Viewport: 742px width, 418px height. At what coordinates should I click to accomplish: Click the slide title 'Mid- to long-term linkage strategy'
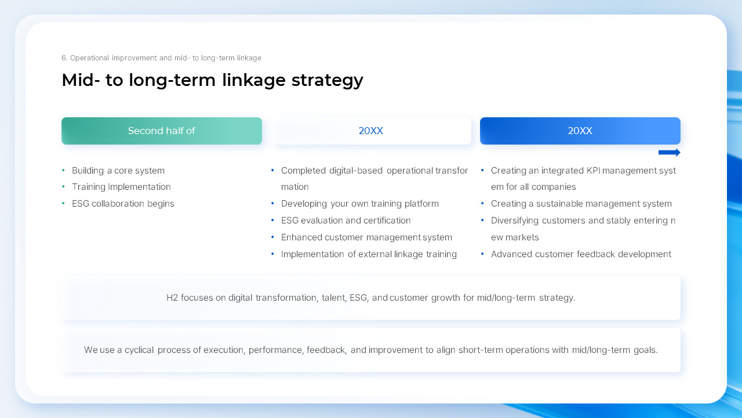coord(212,80)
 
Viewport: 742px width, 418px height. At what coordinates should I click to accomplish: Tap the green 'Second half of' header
coord(162,131)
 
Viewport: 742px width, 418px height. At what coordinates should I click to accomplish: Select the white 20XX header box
coord(371,131)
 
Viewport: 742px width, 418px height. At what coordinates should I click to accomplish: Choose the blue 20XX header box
coord(580,131)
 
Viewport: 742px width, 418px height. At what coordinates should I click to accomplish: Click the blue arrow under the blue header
coord(669,153)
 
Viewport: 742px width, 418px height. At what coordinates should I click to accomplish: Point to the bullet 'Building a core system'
coord(118,171)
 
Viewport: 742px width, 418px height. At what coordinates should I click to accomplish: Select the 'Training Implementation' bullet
coord(121,187)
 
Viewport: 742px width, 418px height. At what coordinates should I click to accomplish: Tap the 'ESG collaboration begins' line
coord(123,204)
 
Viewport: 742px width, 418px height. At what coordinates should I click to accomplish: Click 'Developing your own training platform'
coord(359,204)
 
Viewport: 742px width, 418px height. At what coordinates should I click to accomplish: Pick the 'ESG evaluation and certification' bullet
coord(345,221)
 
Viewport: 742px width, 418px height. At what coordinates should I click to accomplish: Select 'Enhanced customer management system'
coord(366,237)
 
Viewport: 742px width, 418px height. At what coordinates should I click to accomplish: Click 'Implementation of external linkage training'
coord(369,254)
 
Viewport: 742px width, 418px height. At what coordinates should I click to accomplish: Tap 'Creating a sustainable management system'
coord(581,204)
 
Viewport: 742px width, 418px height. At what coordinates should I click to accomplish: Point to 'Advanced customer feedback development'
coord(581,254)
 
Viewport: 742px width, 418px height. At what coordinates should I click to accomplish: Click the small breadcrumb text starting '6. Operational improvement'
coord(161,58)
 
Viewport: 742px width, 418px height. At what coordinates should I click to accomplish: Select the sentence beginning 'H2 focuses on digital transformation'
coord(371,298)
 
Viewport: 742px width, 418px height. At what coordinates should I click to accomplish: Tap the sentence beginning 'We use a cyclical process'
coord(371,350)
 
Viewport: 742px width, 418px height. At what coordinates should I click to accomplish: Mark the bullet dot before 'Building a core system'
coord(63,171)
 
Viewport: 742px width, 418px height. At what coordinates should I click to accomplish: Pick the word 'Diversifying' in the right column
coord(515,221)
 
